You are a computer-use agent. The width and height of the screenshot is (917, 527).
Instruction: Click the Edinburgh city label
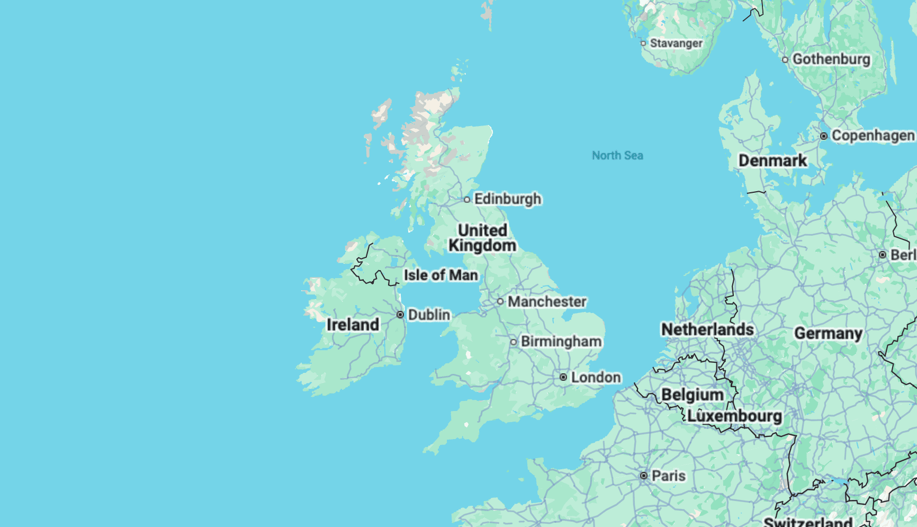tap(508, 199)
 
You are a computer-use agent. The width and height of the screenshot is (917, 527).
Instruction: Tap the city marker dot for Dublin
tap(400, 315)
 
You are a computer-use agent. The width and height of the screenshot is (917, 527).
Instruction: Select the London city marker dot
tap(563, 377)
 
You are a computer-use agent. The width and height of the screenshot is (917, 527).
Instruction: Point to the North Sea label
tap(617, 156)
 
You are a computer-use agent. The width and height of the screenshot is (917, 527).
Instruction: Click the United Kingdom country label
tap(482, 238)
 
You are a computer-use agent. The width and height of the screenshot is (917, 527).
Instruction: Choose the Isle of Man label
tap(440, 275)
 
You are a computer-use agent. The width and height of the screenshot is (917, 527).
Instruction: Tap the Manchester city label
tap(547, 302)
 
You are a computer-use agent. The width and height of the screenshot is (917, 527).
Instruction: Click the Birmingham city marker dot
tap(513, 342)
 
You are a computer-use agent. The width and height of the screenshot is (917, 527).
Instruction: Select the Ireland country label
tap(353, 325)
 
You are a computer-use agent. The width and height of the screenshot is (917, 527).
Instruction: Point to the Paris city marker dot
tap(644, 476)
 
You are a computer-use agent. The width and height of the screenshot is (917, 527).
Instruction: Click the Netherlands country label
tap(707, 329)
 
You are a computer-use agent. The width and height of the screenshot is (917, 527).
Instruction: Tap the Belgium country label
tap(692, 395)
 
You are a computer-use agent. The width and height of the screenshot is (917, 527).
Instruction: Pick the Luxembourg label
tap(734, 416)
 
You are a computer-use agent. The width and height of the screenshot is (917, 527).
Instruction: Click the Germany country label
tap(828, 334)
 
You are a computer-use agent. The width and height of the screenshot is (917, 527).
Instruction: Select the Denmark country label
tap(772, 160)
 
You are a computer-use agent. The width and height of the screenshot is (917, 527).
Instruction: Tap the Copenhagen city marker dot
tap(824, 136)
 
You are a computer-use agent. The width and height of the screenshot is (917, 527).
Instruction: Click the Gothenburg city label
tap(831, 59)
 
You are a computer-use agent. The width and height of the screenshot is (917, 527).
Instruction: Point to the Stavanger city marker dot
tap(643, 43)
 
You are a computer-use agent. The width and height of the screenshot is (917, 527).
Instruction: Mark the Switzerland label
tap(808, 522)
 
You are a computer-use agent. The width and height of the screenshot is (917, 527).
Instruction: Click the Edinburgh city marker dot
tap(467, 200)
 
